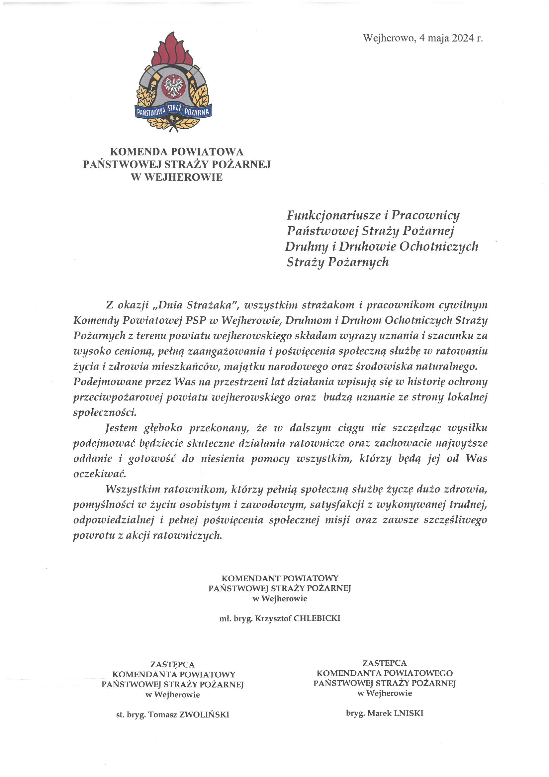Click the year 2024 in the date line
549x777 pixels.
463,38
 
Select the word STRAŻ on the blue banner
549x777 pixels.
174,109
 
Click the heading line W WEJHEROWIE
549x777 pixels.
177,177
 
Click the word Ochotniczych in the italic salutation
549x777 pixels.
439,246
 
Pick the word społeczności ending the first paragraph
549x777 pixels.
105,412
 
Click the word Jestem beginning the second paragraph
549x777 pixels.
121,428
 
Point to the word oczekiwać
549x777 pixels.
99,474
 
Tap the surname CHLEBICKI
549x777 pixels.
317,618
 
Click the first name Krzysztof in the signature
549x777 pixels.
273,618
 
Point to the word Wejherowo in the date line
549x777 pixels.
388,38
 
